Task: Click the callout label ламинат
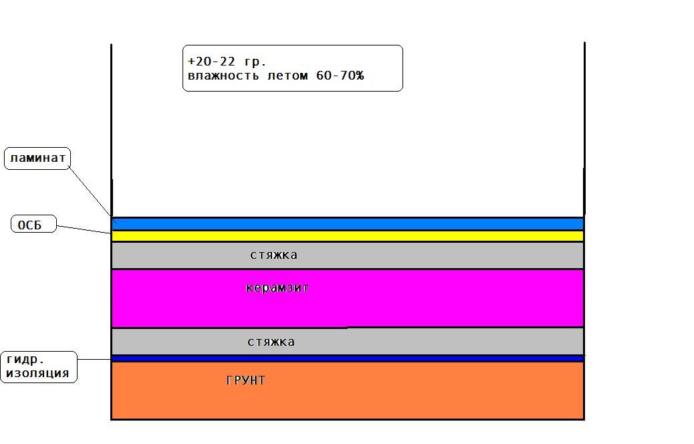(37, 158)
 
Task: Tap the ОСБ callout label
(33, 224)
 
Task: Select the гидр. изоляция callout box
(39, 367)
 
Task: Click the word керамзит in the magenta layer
(277, 288)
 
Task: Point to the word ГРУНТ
(245, 380)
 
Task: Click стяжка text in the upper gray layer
(273, 255)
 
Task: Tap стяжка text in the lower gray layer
(271, 342)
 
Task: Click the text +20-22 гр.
(227, 61)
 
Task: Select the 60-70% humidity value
(340, 76)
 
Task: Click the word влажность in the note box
(223, 76)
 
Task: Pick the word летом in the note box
(287, 76)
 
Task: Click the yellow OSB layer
(348, 236)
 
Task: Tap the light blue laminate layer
(348, 224)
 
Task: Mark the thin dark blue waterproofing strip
(348, 358)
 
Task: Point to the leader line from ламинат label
(92, 193)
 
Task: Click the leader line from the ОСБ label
(84, 229)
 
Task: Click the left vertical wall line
(112, 130)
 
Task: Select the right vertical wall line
(584, 129)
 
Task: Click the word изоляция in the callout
(37, 374)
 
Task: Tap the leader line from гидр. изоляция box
(94, 359)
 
